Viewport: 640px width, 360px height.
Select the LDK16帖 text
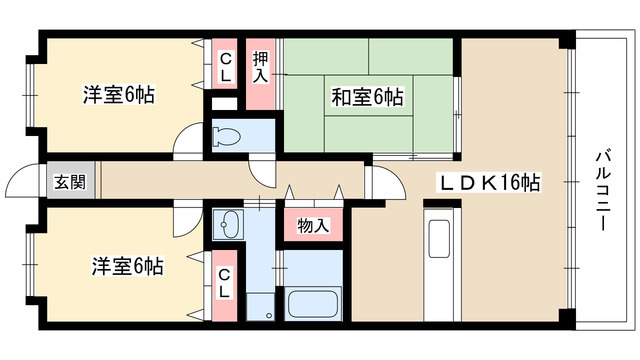(x=488, y=183)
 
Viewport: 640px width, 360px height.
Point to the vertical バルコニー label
(x=603, y=189)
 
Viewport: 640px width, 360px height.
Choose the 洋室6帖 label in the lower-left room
(x=128, y=267)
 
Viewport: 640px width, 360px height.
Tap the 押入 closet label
(x=260, y=69)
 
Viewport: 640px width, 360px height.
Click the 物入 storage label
(x=313, y=226)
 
